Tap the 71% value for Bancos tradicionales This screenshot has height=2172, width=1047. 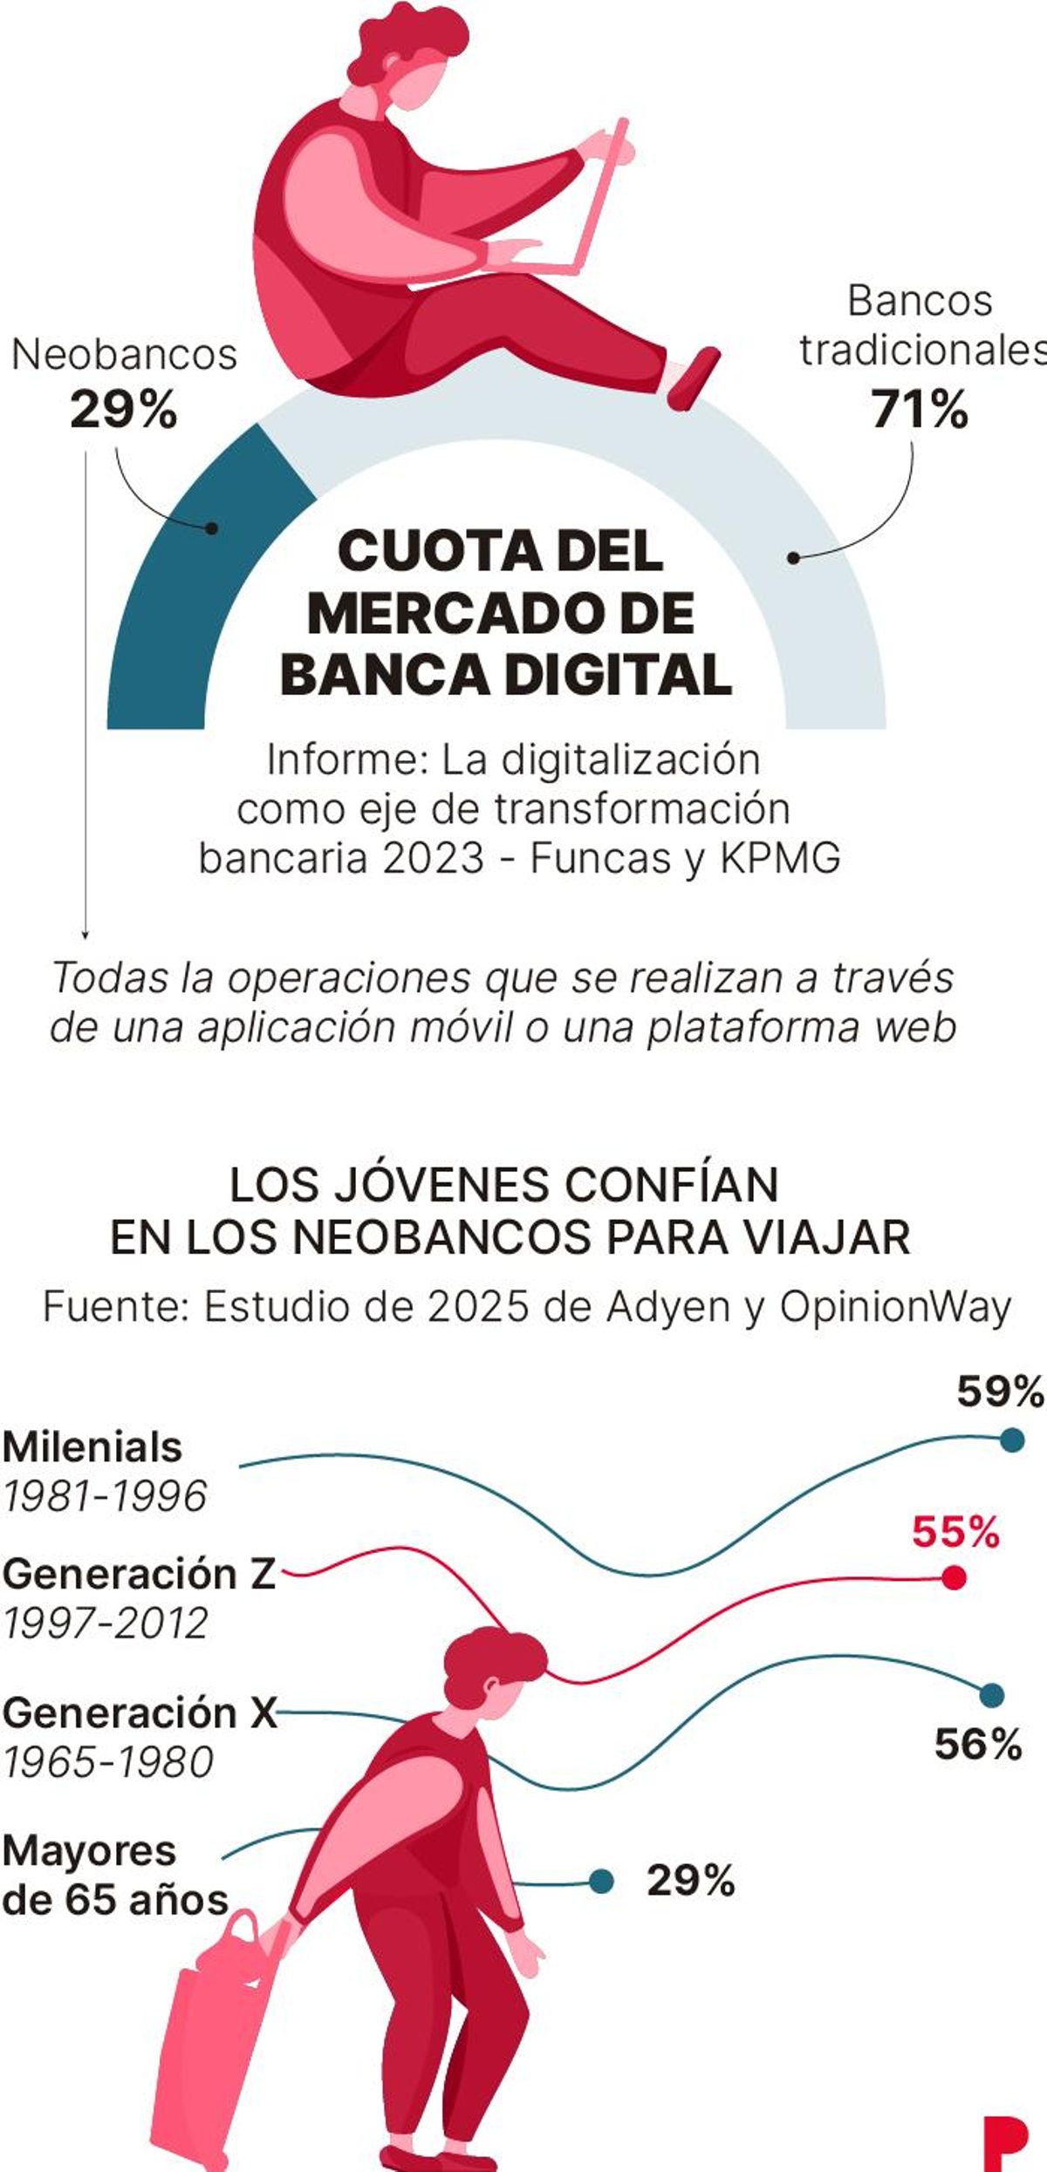pos(920,409)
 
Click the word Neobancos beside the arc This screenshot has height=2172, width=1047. pos(125,355)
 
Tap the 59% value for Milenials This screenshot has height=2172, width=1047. pos(999,1391)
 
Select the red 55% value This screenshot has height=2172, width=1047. pos(955,1532)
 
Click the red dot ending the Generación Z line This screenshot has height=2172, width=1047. pos(955,1577)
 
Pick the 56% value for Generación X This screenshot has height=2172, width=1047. pos(977,1745)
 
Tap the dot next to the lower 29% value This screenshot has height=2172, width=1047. pos(600,1881)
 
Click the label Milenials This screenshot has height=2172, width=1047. pos(92,1447)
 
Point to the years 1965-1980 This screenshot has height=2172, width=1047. pos(108,1762)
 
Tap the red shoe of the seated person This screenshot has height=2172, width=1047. pos(695,377)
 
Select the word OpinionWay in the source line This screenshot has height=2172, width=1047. pos(895,1307)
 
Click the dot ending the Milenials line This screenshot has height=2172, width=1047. pos(1011,1440)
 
